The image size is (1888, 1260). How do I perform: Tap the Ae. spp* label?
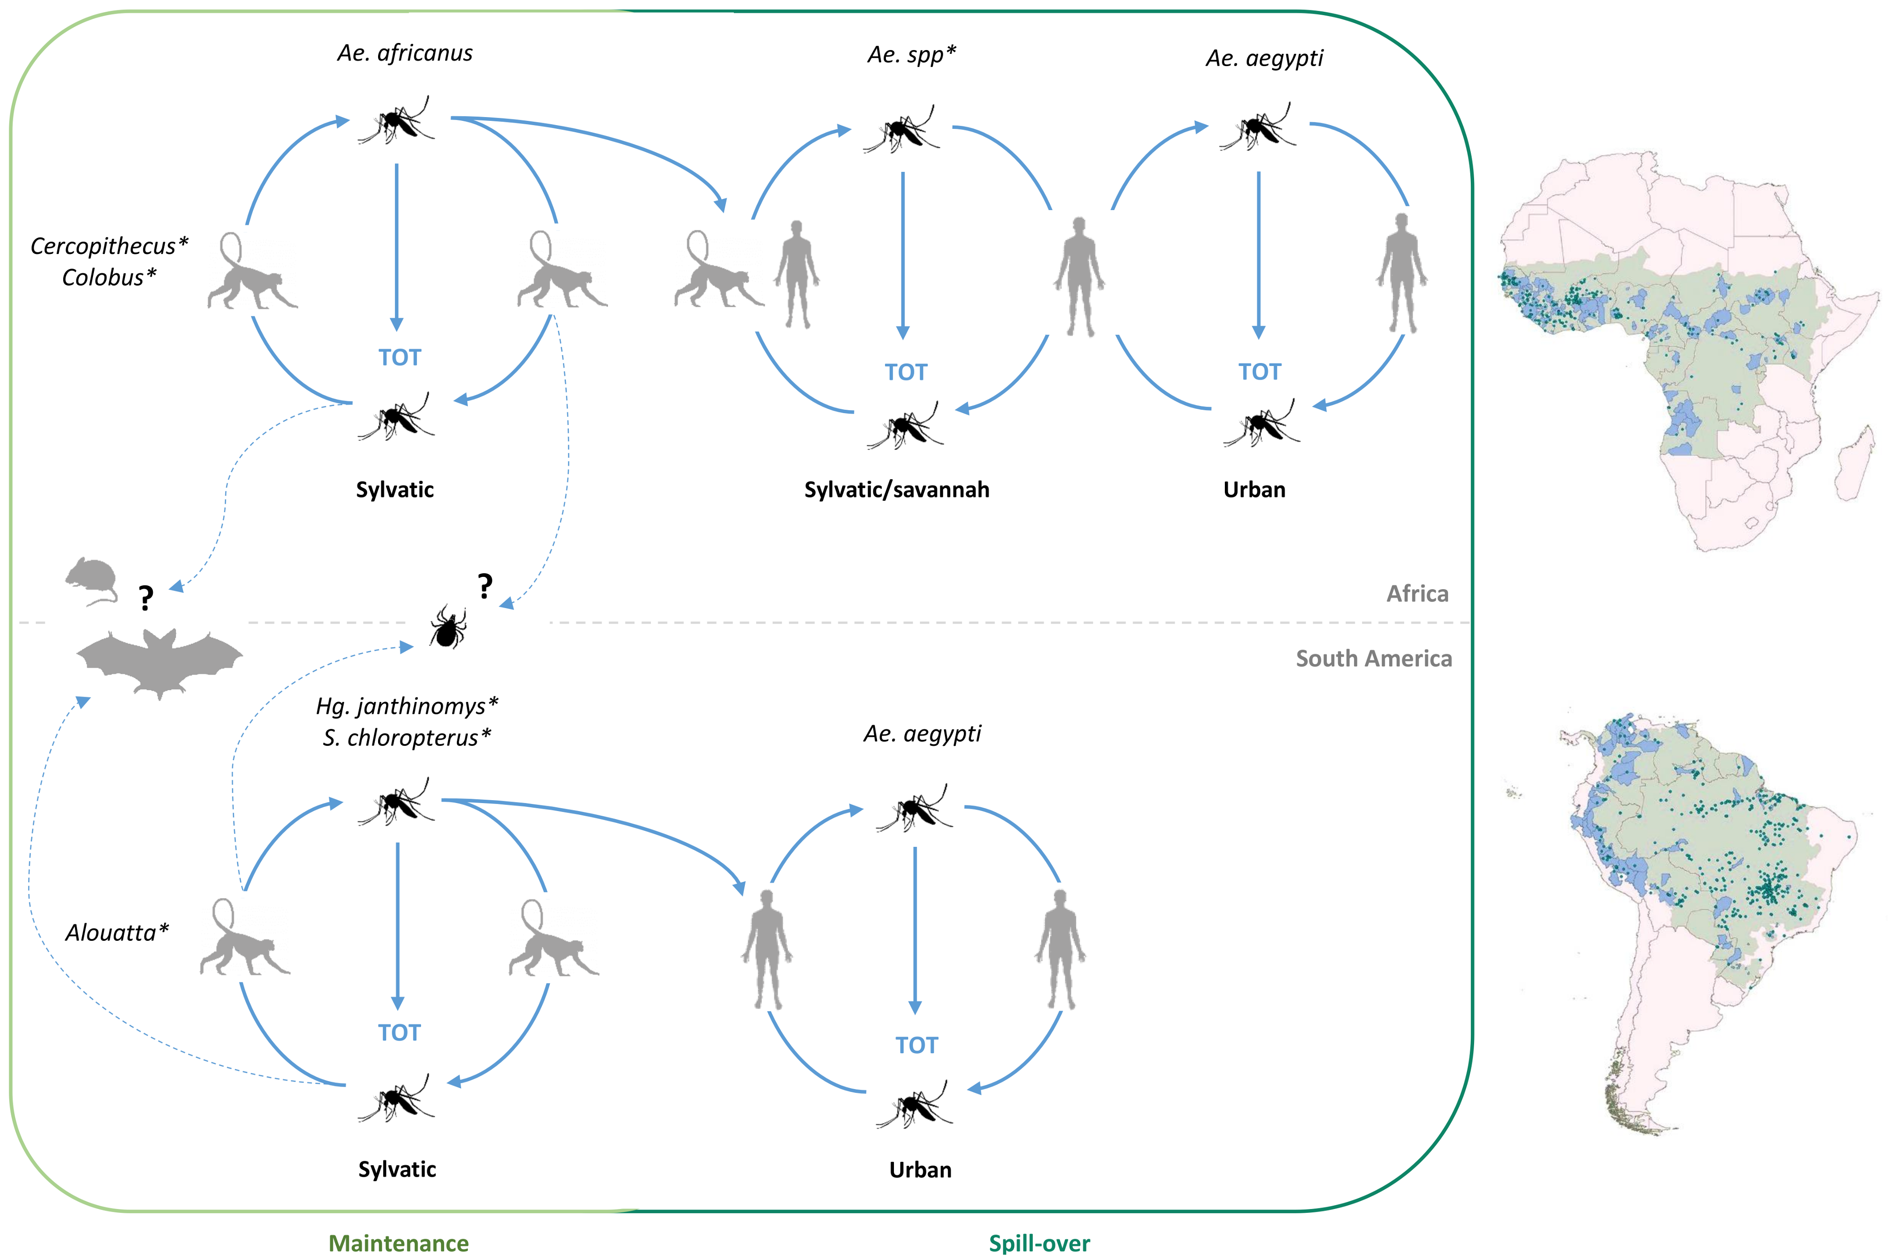pyautogui.click(x=911, y=55)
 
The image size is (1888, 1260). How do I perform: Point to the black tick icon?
pyautogui.click(x=447, y=627)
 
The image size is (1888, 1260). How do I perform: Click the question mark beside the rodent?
pyautogui.click(x=145, y=598)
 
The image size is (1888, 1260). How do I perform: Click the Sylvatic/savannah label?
pyautogui.click(x=897, y=490)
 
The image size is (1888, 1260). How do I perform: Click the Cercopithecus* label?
pyautogui.click(x=109, y=246)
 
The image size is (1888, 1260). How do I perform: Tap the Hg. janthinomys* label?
pyautogui.click(x=406, y=706)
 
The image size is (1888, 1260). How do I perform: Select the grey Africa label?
pyautogui.click(x=1417, y=593)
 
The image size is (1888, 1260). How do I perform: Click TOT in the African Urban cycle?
pyautogui.click(x=1259, y=371)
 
